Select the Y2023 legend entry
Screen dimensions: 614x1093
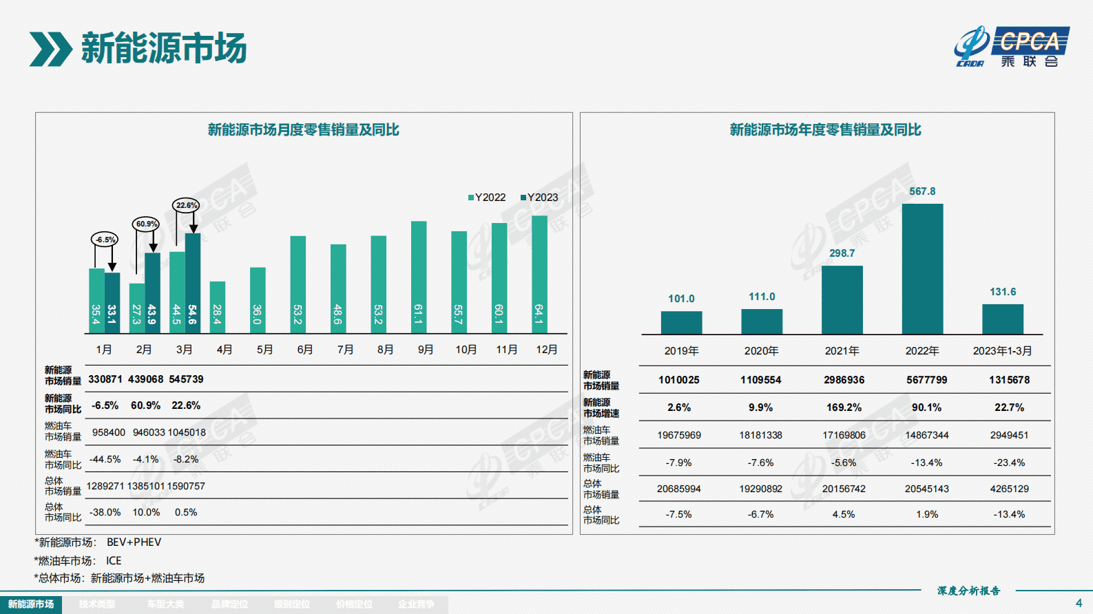click(x=539, y=198)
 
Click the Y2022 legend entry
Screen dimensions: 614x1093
click(x=487, y=198)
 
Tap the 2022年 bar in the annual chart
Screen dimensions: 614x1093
click(x=922, y=268)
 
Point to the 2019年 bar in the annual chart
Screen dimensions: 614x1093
click(x=681, y=323)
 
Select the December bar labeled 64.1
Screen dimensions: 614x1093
click(x=539, y=275)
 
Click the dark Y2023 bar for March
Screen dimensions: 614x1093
click(x=193, y=283)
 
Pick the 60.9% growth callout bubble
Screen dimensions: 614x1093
click(x=146, y=224)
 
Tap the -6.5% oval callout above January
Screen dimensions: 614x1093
click(x=105, y=240)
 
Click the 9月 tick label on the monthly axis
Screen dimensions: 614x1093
click(x=426, y=350)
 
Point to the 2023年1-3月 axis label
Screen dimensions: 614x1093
click(x=1002, y=351)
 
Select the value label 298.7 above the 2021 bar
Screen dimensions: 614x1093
click(x=842, y=253)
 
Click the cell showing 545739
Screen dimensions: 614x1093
click(x=186, y=379)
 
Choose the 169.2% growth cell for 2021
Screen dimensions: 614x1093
click(x=844, y=407)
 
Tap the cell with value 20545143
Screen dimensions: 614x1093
click(x=926, y=489)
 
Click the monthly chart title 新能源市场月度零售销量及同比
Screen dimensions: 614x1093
click(x=303, y=130)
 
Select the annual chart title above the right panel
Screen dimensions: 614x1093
click(x=825, y=130)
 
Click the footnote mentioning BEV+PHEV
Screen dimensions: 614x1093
click(x=98, y=542)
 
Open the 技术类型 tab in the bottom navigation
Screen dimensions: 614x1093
click(x=97, y=604)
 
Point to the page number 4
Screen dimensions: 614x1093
click(x=1079, y=603)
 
